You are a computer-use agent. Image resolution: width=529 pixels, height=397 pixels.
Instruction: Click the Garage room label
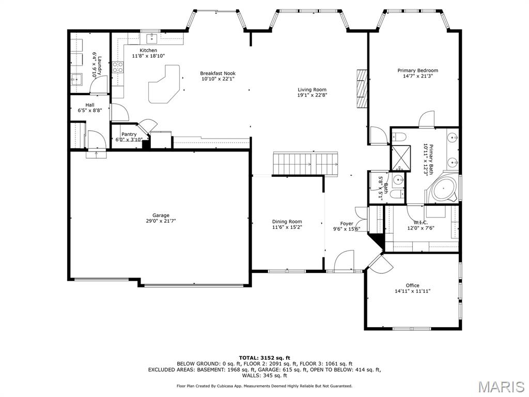click(161, 216)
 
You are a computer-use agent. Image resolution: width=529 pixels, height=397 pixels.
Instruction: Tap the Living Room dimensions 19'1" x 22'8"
click(312, 95)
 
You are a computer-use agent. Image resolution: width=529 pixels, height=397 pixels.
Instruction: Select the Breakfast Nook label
click(217, 73)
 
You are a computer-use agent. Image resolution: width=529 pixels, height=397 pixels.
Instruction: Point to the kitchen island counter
click(163, 84)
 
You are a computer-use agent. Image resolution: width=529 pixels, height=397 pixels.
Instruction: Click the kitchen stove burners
click(118, 66)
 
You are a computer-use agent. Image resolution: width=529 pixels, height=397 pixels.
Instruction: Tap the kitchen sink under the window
click(150, 38)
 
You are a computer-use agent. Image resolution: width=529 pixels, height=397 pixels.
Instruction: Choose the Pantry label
click(129, 134)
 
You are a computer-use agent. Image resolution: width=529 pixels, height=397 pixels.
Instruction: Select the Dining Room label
click(287, 222)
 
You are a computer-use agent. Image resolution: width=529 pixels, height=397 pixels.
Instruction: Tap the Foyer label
click(347, 224)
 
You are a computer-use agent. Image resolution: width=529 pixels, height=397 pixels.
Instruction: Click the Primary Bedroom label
click(417, 70)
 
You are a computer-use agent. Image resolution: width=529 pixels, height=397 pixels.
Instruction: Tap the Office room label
click(412, 285)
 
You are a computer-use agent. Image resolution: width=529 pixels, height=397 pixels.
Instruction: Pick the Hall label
click(90, 105)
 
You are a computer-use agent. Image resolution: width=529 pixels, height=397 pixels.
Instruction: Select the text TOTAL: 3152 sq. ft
click(264, 358)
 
